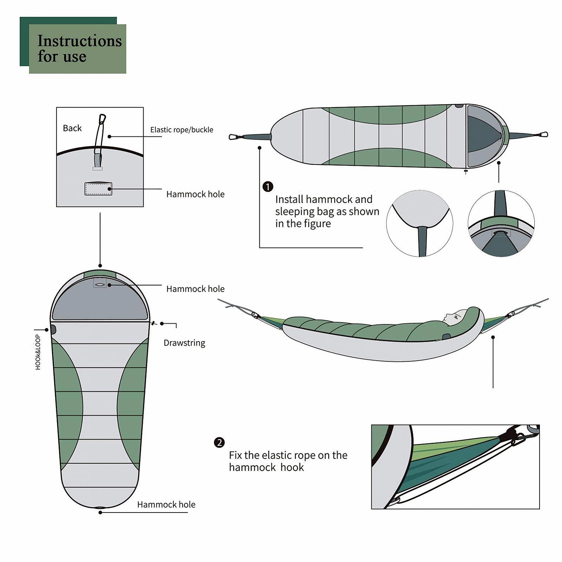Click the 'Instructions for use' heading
click(x=79, y=48)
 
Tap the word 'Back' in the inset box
click(x=72, y=128)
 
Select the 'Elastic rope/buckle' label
click(x=182, y=130)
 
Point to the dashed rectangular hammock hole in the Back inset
click(x=98, y=189)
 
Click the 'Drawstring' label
click(x=184, y=343)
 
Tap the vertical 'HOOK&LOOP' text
click(x=38, y=352)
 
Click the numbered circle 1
click(x=268, y=187)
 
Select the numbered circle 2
click(x=219, y=443)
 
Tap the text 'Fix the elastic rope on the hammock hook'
click(x=288, y=461)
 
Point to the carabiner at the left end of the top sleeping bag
click(x=234, y=137)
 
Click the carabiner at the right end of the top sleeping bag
click(x=543, y=135)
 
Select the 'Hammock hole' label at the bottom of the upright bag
click(x=166, y=504)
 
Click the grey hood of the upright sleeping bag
click(x=100, y=302)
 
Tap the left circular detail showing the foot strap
click(x=419, y=223)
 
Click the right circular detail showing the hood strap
click(x=501, y=223)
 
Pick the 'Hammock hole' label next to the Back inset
click(x=195, y=194)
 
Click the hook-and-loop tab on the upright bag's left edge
click(x=53, y=329)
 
